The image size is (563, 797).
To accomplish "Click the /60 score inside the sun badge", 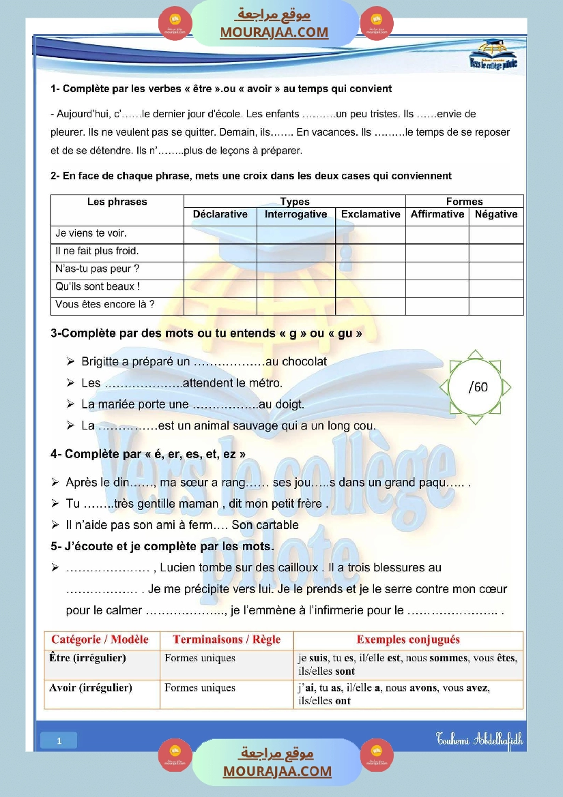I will click(x=478, y=387).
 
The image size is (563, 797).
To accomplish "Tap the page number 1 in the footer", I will click(x=59, y=740).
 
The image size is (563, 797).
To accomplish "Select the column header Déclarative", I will click(x=220, y=214).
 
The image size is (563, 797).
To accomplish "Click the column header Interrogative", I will click(x=295, y=214).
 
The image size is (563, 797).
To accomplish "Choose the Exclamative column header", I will click(x=371, y=214).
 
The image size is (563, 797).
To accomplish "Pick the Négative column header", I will click(x=496, y=214).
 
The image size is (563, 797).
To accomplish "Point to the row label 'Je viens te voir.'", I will click(x=91, y=233).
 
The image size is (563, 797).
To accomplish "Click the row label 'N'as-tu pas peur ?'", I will click(x=97, y=269).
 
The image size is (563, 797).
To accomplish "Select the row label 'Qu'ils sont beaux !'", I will click(x=98, y=286).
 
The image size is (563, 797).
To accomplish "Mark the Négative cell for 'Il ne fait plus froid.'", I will click(x=496, y=252).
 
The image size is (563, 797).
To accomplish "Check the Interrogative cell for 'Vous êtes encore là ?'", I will click(x=295, y=305).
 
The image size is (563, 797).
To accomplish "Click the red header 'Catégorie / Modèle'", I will click(x=100, y=640).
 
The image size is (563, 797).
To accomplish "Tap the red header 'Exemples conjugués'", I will click(x=408, y=640).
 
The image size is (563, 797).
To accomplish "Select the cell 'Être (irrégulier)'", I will click(x=87, y=658).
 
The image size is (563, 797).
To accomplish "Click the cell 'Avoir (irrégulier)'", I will click(x=90, y=687).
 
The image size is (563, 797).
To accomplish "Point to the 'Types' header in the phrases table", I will click(x=295, y=202).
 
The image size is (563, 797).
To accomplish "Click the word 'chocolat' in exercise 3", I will click(x=304, y=361).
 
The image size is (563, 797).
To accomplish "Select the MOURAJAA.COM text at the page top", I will click(x=274, y=32).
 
